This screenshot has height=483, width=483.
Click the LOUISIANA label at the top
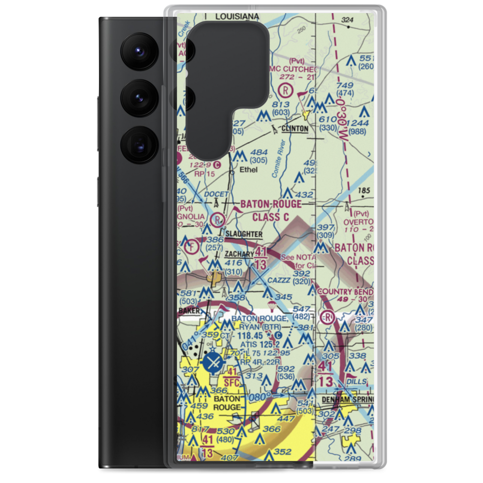tap(237, 16)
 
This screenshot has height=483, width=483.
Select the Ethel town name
tap(248, 170)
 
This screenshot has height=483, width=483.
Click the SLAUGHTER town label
tap(244, 234)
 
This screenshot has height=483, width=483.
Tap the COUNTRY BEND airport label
tap(345, 292)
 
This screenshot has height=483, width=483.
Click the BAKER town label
tap(188, 311)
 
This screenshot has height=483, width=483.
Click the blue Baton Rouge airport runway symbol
tap(212, 362)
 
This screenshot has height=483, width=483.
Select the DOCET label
tap(215, 194)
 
